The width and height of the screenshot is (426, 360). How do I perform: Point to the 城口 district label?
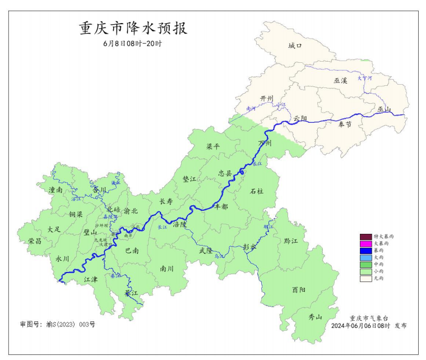click(295, 46)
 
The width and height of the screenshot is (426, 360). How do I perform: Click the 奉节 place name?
click(345, 124)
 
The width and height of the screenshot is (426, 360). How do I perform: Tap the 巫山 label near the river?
click(384, 109)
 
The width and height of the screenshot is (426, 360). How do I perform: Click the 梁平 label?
click(214, 146)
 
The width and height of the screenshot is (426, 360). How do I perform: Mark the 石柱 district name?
click(256, 191)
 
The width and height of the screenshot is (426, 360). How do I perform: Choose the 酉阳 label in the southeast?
click(299, 290)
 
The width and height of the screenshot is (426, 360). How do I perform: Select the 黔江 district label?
click(291, 241)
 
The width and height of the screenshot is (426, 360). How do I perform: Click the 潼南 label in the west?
click(55, 190)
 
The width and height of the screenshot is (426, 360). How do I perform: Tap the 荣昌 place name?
click(35, 241)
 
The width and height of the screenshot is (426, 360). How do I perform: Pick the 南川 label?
click(167, 269)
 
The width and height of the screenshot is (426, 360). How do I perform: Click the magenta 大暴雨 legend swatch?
click(366, 244)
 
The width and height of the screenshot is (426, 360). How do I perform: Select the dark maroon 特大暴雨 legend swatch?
click(366, 237)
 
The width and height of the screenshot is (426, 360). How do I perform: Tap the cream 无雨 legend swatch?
click(366, 278)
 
